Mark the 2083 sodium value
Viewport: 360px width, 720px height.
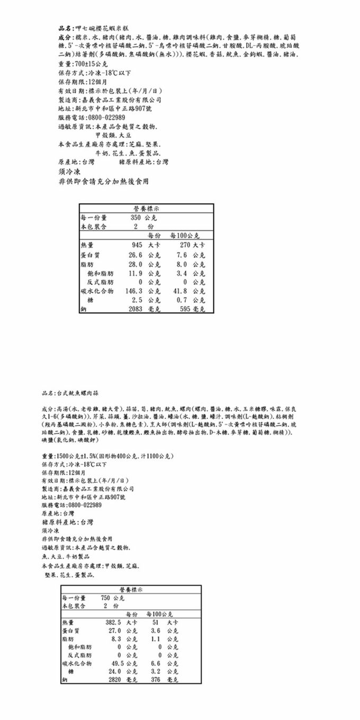(x=136, y=309)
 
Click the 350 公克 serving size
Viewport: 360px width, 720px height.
(x=141, y=217)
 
